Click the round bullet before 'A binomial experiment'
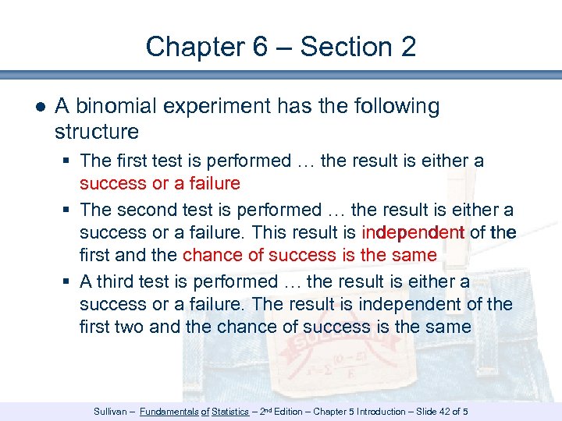coord(40,107)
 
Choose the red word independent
coord(413,232)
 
